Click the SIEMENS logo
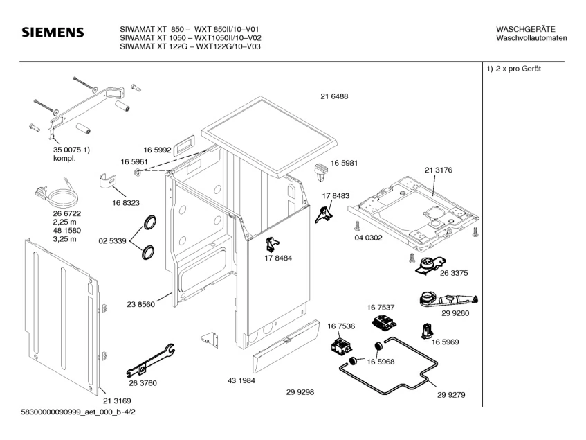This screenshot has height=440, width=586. click(x=53, y=33)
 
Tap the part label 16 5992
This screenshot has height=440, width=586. click(x=157, y=150)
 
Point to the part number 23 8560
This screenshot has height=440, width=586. click(x=140, y=303)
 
